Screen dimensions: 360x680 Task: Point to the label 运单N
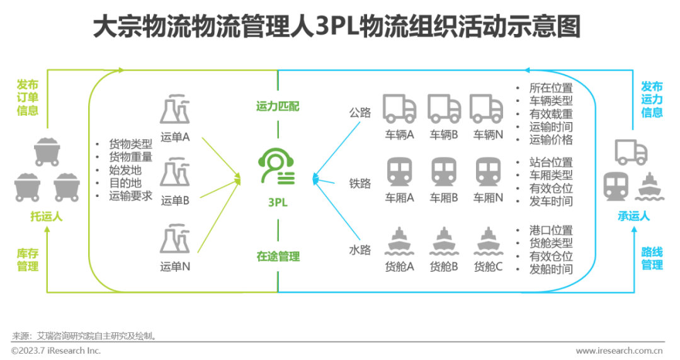pyautogui.click(x=175, y=266)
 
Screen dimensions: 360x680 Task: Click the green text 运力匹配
pyautogui.click(x=278, y=106)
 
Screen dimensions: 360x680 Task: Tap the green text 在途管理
pyautogui.click(x=278, y=256)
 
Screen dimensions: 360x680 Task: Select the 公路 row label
pyautogui.click(x=360, y=113)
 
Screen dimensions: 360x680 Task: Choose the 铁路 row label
pyautogui.click(x=360, y=183)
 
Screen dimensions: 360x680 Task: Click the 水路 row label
pyautogui.click(x=360, y=249)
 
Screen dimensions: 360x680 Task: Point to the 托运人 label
pyautogui.click(x=47, y=217)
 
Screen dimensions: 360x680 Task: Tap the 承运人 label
pyautogui.click(x=633, y=216)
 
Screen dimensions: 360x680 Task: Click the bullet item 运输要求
pyautogui.click(x=130, y=196)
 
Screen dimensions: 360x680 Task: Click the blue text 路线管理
pyautogui.click(x=652, y=259)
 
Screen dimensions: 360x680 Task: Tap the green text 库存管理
pyautogui.click(x=28, y=260)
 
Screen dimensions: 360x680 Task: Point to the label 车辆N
pyautogui.click(x=489, y=135)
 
